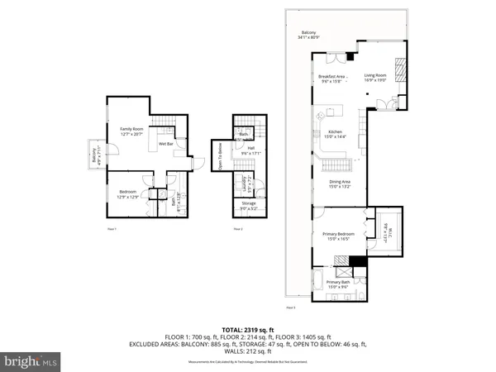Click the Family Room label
click(132, 130)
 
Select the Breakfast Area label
click(332, 78)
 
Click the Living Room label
click(377, 78)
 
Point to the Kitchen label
click(336, 132)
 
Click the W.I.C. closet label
click(384, 227)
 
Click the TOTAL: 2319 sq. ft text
click(247, 330)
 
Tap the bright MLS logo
click(31, 361)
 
